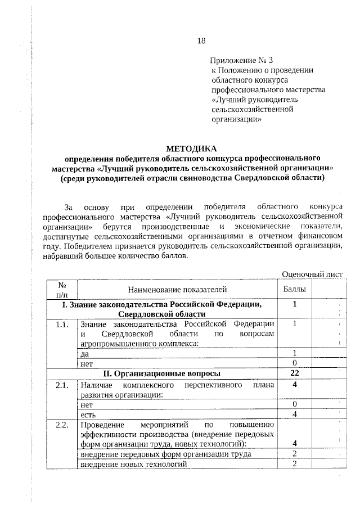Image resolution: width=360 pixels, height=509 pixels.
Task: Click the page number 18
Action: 202,40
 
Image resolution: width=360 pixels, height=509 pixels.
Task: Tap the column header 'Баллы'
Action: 295,290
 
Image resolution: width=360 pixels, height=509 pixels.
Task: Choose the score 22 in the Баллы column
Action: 294,373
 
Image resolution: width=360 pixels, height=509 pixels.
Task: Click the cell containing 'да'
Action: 85,353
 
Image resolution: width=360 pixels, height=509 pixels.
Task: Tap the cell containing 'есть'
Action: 88,415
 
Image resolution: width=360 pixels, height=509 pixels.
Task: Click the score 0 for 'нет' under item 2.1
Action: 294,404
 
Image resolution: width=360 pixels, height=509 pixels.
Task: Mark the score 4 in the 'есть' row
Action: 294,415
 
